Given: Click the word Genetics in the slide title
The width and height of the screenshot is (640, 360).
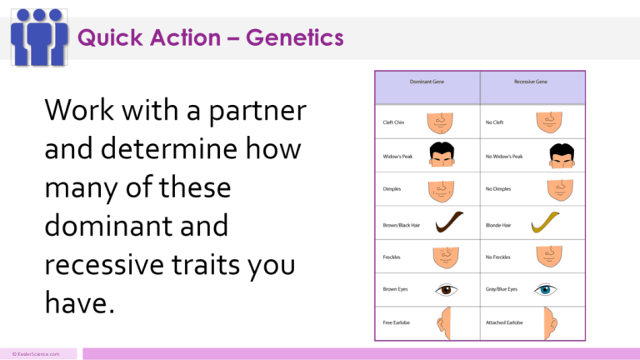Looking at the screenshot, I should click(x=291, y=37).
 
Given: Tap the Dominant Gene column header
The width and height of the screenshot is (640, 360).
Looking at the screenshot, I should click(x=427, y=83).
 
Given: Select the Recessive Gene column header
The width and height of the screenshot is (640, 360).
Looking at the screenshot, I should click(x=532, y=83).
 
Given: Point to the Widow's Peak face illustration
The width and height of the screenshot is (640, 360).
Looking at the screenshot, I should click(x=441, y=156).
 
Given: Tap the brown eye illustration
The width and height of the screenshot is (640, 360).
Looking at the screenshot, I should click(x=447, y=289).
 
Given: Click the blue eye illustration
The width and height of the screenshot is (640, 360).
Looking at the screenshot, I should click(x=546, y=289).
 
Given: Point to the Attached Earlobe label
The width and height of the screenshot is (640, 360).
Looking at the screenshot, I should click(x=507, y=322).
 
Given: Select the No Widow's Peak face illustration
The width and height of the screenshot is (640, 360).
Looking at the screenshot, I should click(x=561, y=156).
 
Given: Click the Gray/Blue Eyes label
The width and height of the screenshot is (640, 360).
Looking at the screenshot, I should click(x=502, y=289).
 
